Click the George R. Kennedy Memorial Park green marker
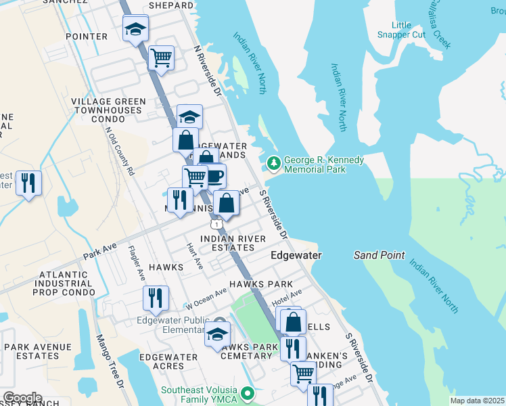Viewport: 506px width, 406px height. (274, 163)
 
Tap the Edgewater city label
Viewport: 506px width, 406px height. (296, 255)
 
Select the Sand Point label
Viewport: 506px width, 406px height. (379, 255)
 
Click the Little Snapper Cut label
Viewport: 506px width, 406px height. (401, 30)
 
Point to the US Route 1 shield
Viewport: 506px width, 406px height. (215, 223)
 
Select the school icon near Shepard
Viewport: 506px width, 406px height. (135, 29)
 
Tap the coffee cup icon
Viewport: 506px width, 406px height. (214, 176)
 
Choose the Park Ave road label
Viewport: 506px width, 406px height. (96, 254)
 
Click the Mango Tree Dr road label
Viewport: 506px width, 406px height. (111, 362)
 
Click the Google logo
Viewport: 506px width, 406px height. (22, 398)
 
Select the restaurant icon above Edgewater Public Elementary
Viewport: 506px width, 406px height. (156, 298)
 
